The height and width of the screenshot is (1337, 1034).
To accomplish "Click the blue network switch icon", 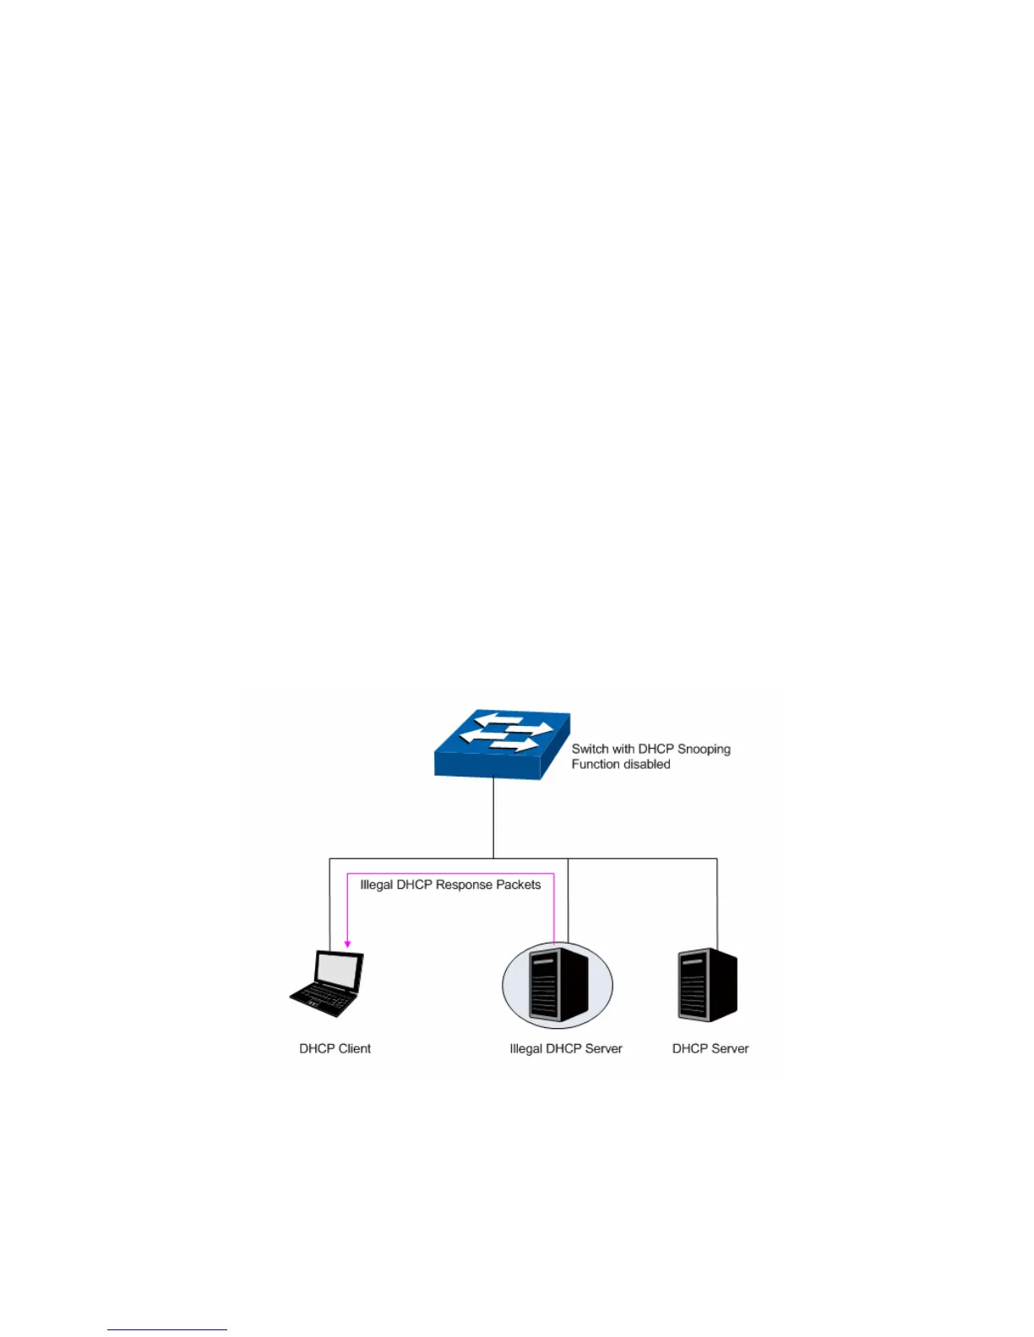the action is click(502, 744).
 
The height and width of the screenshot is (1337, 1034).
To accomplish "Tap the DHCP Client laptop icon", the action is click(327, 983).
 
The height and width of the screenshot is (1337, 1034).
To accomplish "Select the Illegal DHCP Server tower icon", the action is click(557, 985).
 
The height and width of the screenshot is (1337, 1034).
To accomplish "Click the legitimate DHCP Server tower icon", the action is click(707, 984).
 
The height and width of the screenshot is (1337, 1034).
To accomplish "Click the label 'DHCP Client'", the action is click(335, 1048).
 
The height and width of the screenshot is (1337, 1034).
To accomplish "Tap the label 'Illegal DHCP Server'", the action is click(565, 1048).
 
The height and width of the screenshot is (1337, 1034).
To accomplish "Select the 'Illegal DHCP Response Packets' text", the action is click(450, 885).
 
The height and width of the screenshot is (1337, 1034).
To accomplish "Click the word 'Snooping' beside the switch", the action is click(704, 749).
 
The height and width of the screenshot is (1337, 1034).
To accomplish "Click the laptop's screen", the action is click(339, 972).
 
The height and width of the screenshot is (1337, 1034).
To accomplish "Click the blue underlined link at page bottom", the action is click(166, 1329).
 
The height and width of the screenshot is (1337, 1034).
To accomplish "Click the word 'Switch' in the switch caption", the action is click(590, 749).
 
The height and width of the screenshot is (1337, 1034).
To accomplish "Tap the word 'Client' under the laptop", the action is click(355, 1048).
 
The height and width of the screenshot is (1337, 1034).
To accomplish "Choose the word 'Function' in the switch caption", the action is click(596, 764).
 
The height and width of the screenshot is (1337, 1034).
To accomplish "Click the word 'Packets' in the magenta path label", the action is click(519, 885).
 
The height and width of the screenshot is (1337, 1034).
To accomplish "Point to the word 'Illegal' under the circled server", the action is click(525, 1048).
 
